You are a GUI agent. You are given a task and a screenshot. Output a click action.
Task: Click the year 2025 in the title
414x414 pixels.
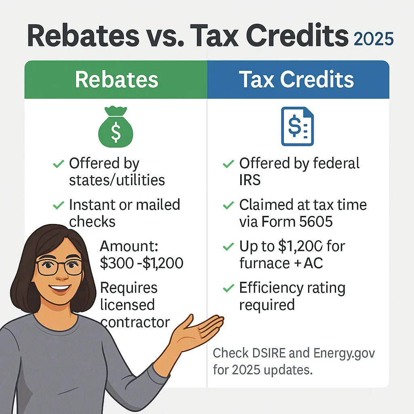(x=373, y=40)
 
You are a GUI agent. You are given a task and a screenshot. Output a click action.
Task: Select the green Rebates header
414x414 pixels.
(x=116, y=80)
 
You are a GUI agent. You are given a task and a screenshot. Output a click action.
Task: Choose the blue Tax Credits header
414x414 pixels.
(x=297, y=80)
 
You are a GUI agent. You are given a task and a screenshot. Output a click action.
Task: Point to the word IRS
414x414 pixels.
(x=250, y=180)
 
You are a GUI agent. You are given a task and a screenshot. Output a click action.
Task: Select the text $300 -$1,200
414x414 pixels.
(x=141, y=263)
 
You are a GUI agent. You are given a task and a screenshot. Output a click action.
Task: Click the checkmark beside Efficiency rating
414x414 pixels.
(x=228, y=289)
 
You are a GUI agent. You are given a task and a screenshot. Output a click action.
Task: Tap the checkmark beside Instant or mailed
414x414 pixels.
(x=59, y=205)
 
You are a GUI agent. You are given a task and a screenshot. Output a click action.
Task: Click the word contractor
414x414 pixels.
(x=135, y=322)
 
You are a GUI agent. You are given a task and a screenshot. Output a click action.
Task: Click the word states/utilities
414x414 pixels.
(x=117, y=180)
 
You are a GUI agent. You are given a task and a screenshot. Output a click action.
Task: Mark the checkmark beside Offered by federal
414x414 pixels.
(x=228, y=164)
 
